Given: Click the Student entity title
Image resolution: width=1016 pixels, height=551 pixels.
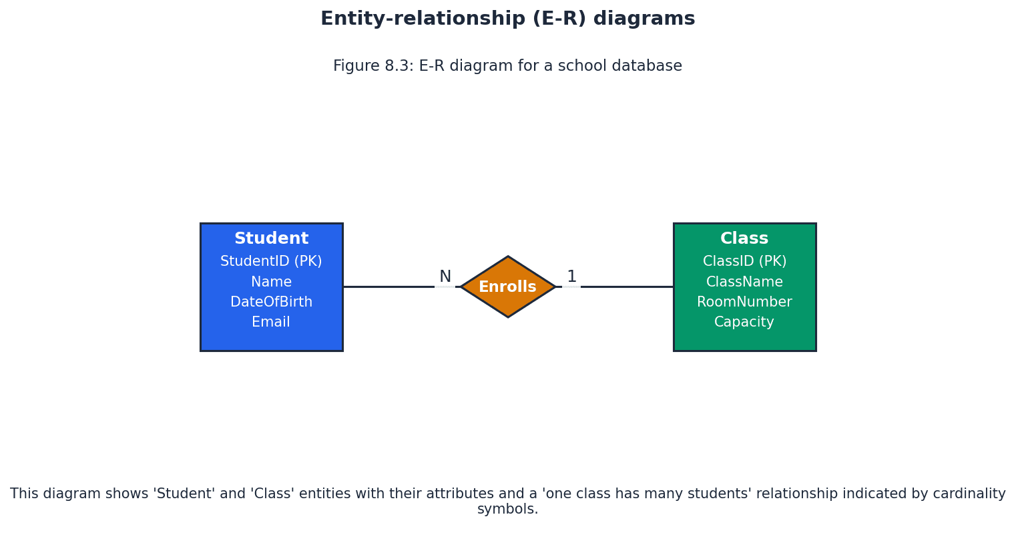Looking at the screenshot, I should click(x=271, y=239).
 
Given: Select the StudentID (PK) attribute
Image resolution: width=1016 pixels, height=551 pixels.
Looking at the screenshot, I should click(x=271, y=262).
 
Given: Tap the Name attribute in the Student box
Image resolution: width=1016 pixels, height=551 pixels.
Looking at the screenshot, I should click(x=271, y=283).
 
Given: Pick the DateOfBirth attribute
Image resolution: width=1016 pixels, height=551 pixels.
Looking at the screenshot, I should click(x=271, y=303).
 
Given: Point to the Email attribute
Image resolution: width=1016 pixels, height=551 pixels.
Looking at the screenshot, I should click(x=271, y=323).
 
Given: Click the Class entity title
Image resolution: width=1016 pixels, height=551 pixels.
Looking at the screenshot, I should click(x=744, y=239).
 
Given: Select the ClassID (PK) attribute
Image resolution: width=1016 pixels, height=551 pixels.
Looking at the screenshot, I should click(x=744, y=262).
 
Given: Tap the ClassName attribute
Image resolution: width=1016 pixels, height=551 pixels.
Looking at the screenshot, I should click(x=744, y=283).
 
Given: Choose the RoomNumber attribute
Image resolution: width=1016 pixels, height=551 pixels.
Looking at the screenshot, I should click(x=744, y=303).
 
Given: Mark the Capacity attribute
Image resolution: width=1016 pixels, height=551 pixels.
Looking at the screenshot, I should click(x=744, y=323).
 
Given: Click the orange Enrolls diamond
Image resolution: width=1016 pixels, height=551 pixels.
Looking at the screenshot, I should click(x=507, y=287).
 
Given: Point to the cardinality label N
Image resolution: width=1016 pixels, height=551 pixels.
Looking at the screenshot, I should click(x=445, y=277).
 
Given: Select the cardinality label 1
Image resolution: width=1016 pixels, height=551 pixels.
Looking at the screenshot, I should click(x=571, y=277).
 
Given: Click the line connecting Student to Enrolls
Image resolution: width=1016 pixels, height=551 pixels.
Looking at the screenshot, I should click(x=387, y=287).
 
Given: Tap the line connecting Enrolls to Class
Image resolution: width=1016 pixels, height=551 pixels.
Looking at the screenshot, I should click(x=627, y=287).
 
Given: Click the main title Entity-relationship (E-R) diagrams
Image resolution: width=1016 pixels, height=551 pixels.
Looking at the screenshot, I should click(x=507, y=19).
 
